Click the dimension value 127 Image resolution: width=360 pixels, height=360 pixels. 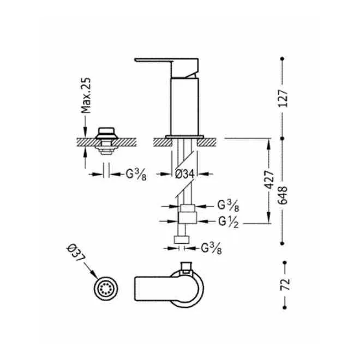pos(283,98)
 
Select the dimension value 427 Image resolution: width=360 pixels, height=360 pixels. pos(269,180)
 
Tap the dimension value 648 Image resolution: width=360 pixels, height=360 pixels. pos(283,195)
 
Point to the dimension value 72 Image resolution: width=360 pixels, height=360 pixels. pos(285,285)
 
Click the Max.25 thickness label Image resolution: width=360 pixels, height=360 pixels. pos(86,95)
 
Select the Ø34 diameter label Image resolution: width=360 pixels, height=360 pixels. pos(184,174)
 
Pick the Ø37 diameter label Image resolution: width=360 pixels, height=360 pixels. pos(75,253)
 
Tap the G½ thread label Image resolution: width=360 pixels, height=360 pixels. pos(228,222)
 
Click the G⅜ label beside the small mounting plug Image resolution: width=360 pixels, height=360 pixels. pos(136,175)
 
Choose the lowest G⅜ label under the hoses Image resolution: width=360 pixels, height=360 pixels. pos(212,248)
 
